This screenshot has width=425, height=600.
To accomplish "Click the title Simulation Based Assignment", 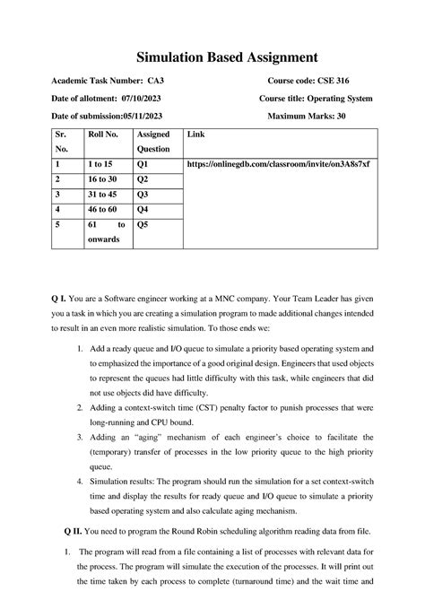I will [x=212, y=57].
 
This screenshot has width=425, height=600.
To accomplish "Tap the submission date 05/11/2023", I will [x=143, y=116].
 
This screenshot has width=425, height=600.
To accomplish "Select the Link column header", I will [x=195, y=135].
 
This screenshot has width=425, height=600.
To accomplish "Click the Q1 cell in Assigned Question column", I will [x=142, y=166].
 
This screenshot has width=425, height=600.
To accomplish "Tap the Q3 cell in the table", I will [x=142, y=194].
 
